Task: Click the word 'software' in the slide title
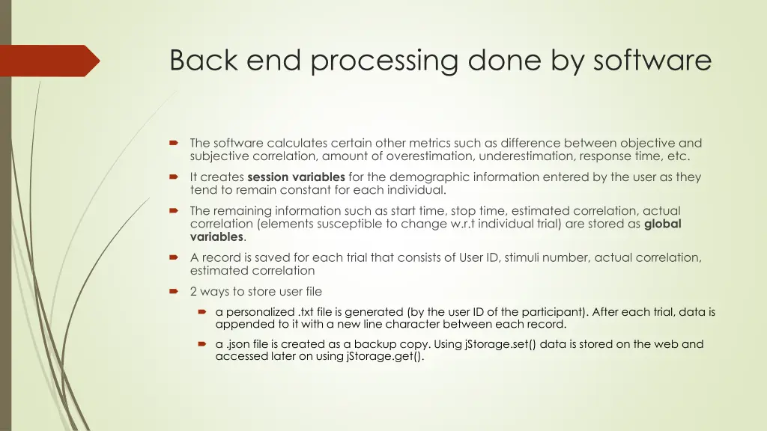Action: pyautogui.click(x=652, y=60)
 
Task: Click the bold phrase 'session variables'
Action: pyautogui.click(x=296, y=177)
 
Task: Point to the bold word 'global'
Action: pyautogui.click(x=663, y=224)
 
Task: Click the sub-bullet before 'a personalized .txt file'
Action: pyautogui.click(x=201, y=312)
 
